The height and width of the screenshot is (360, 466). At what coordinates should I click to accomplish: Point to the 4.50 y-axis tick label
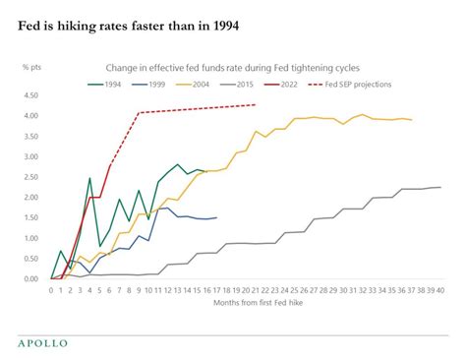coord(30,95)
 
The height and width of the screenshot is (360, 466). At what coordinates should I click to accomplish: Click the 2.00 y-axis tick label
coord(30,198)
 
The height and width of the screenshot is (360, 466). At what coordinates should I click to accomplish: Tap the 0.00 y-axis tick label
coord(30,279)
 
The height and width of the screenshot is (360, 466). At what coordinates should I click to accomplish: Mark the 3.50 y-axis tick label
coord(30,137)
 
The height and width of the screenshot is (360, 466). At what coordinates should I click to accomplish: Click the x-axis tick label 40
coord(440,289)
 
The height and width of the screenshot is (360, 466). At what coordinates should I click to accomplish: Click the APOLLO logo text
coord(43,342)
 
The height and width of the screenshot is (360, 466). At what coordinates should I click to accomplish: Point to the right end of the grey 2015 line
coord(440,187)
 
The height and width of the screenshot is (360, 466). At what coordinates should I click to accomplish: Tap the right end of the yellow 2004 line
coord(411,120)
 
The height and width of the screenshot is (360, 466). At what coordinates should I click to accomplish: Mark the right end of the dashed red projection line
coord(256,104)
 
